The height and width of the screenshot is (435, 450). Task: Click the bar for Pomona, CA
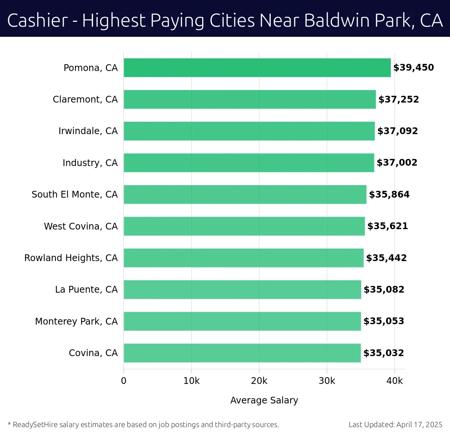[257, 68]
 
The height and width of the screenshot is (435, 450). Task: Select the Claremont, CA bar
[249, 99]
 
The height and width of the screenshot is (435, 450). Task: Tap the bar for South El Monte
[245, 194]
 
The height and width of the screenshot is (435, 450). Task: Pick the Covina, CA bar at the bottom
[242, 353]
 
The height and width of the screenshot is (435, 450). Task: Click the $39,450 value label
[413, 68]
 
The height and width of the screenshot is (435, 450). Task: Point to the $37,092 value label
[397, 131]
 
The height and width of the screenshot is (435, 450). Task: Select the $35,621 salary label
[387, 226]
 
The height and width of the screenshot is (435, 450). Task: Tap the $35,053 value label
[384, 321]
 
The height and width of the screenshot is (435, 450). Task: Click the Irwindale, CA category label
[88, 131]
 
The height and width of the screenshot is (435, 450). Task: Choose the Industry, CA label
[90, 163]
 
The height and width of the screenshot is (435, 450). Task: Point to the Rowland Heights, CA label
[71, 258]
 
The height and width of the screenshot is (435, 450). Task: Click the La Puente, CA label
[86, 290]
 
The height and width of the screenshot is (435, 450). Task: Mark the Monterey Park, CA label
[76, 322]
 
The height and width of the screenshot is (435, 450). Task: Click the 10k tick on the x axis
[191, 381]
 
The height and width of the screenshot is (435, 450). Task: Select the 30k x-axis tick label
[327, 381]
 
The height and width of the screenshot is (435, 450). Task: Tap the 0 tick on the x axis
[124, 381]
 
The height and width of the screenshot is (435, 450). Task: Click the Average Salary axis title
[264, 400]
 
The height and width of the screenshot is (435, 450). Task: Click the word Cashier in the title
[37, 21]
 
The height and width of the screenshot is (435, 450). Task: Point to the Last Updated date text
[395, 424]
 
